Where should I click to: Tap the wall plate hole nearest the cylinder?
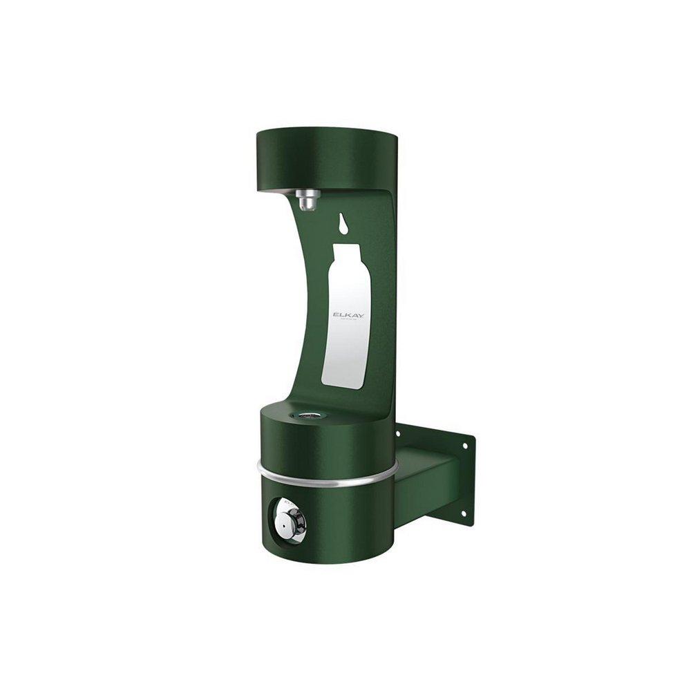tap(398, 434)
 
